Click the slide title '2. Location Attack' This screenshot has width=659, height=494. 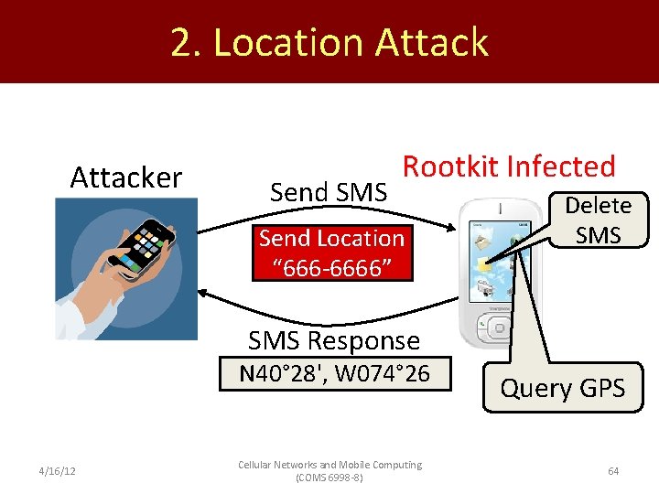[329, 43]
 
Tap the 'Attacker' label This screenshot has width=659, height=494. [126, 177]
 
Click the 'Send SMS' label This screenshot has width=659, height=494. [329, 192]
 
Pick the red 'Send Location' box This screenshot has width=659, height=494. [331, 252]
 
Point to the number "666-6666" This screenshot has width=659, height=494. [331, 267]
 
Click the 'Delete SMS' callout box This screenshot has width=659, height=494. [598, 220]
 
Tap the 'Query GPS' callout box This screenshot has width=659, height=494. [562, 388]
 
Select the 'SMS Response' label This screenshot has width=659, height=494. [334, 340]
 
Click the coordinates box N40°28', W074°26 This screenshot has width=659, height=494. [334, 374]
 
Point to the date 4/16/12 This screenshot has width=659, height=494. [58, 471]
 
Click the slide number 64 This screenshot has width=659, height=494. [613, 471]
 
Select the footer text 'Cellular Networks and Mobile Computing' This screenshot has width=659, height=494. [329, 465]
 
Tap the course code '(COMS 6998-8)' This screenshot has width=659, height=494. [329, 478]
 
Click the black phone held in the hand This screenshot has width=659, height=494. [143, 240]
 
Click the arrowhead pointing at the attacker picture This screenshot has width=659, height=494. [205, 294]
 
